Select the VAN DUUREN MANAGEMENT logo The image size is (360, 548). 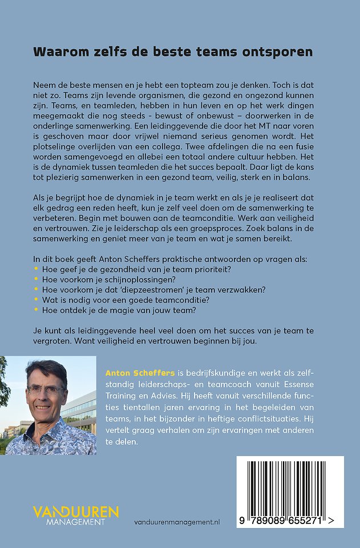pyautogui.click(x=76, y=514)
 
